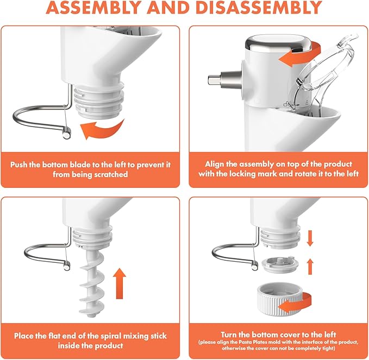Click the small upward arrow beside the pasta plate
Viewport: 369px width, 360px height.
coord(310,266)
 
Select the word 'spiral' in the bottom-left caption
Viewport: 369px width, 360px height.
coord(111,336)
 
